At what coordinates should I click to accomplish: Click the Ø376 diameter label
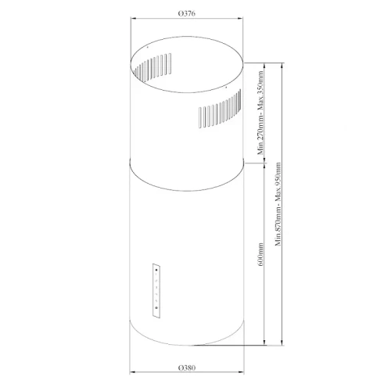(x=186, y=16)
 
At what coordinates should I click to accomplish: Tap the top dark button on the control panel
(x=157, y=271)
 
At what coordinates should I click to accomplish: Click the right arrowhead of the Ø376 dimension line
(x=242, y=23)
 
